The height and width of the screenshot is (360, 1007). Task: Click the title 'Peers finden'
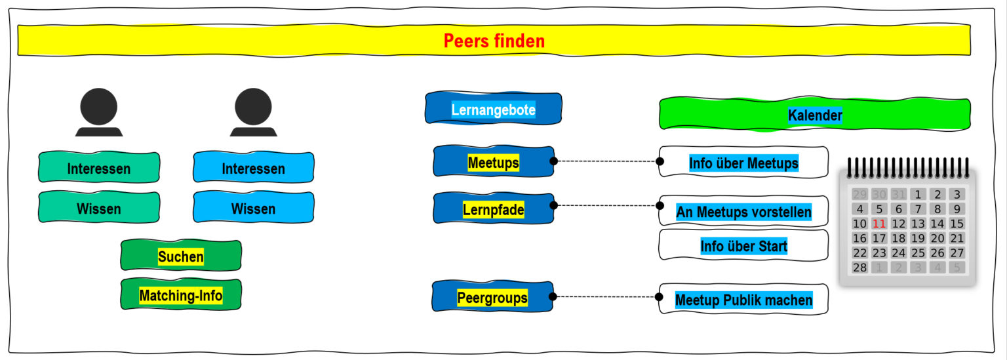tap(494, 41)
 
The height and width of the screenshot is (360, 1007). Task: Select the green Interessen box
tap(99, 168)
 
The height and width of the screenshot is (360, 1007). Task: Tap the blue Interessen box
tap(254, 168)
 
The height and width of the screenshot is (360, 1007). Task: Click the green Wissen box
tap(99, 209)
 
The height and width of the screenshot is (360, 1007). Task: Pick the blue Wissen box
tap(254, 209)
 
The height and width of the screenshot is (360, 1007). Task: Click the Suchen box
tap(181, 256)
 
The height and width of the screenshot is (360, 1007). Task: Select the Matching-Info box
tap(181, 296)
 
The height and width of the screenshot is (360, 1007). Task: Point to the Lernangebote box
tap(493, 110)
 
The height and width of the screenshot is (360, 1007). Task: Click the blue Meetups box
tap(493, 162)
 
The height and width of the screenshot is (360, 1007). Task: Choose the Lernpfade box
tap(493, 209)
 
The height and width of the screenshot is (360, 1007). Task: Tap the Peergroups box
tap(492, 297)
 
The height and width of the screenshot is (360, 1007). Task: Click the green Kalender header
tap(814, 115)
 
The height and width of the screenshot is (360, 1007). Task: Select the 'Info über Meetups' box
tap(743, 163)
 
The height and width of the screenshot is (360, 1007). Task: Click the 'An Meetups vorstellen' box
tap(743, 211)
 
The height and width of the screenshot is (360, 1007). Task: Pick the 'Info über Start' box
tap(743, 246)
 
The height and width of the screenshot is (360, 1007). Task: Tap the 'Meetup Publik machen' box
tap(743, 300)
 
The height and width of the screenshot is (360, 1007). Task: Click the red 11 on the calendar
tap(879, 223)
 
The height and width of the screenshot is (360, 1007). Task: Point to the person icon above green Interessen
tap(99, 111)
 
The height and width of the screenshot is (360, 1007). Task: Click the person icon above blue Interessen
tap(253, 111)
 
